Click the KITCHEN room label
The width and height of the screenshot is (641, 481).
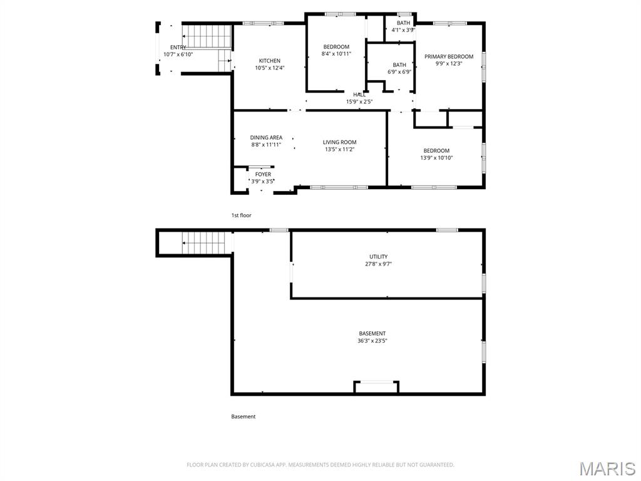coord(269,61)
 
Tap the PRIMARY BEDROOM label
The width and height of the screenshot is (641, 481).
coord(449,56)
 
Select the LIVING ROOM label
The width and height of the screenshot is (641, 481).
coord(339,142)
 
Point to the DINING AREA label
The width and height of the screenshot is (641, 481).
coord(266,137)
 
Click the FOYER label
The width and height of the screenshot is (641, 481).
coord(263,174)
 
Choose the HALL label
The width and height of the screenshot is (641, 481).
coord(359,95)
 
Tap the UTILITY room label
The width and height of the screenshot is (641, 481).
coord(378,256)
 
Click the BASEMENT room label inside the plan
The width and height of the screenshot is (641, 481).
coord(372,333)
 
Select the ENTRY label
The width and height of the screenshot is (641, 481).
coord(178,48)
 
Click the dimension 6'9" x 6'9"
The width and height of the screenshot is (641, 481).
coord(399,72)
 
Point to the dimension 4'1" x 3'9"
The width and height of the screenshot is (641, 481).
coord(403,30)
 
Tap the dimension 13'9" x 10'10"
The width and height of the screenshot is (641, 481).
coord(436,158)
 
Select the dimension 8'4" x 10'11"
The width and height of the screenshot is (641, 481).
coord(336,54)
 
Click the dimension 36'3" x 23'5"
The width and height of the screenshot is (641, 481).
coord(372,341)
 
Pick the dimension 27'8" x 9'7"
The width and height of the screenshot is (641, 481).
coord(378,264)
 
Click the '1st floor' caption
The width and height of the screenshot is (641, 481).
coord(241,215)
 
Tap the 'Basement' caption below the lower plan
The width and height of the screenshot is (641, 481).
coord(243,416)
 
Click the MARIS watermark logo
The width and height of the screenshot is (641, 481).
coord(607,468)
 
